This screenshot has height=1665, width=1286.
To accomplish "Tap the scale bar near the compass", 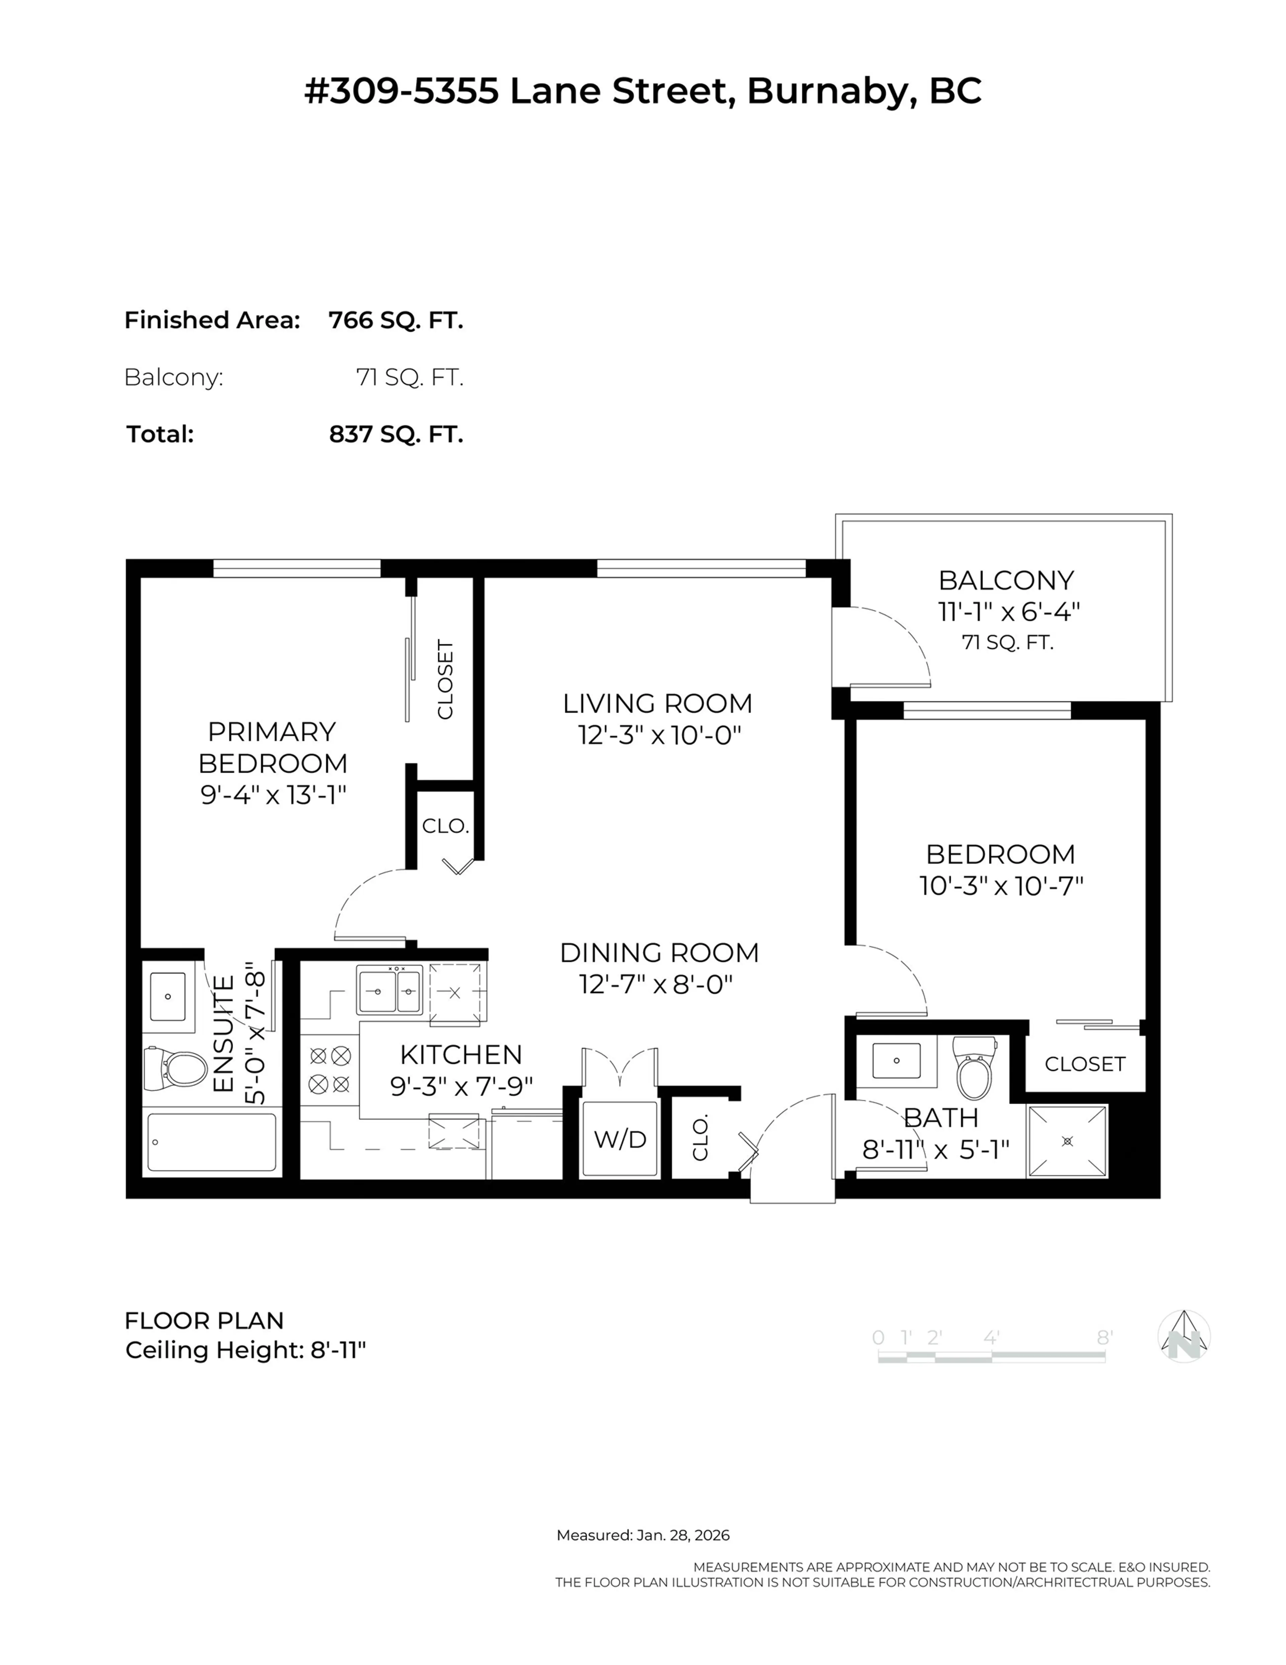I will coord(991,1357).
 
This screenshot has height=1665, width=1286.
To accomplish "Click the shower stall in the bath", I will coord(1066,1140).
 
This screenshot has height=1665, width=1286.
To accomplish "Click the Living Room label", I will coord(657,703).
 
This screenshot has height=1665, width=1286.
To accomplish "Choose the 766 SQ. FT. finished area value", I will coord(396,320).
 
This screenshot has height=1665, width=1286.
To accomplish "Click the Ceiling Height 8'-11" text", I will coord(245,1350).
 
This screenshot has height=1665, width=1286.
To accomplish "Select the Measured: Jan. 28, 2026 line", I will coord(643,1535).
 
